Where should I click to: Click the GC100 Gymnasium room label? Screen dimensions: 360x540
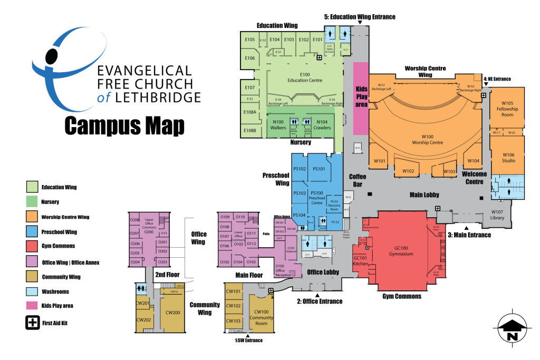[x=401, y=251]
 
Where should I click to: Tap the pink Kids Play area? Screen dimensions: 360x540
[x=361, y=98]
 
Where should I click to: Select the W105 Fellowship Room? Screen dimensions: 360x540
[x=507, y=109]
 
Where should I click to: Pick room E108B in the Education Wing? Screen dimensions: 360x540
[x=249, y=130]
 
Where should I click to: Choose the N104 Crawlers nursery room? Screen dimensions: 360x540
[x=321, y=125]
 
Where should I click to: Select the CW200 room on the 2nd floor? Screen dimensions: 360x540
[x=172, y=313]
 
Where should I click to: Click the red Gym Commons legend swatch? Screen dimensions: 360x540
[x=33, y=246]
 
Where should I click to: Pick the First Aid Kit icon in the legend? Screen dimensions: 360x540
[x=33, y=323]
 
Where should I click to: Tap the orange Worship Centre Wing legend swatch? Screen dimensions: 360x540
[x=33, y=217]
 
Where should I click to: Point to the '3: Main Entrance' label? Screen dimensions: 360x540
[x=469, y=235]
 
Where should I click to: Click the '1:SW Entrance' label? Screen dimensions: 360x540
[x=248, y=340]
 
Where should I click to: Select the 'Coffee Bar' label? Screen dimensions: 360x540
[x=358, y=180]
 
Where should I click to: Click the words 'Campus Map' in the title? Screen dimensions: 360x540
[x=124, y=126]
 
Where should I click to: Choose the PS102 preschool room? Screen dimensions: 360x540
[x=300, y=169]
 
